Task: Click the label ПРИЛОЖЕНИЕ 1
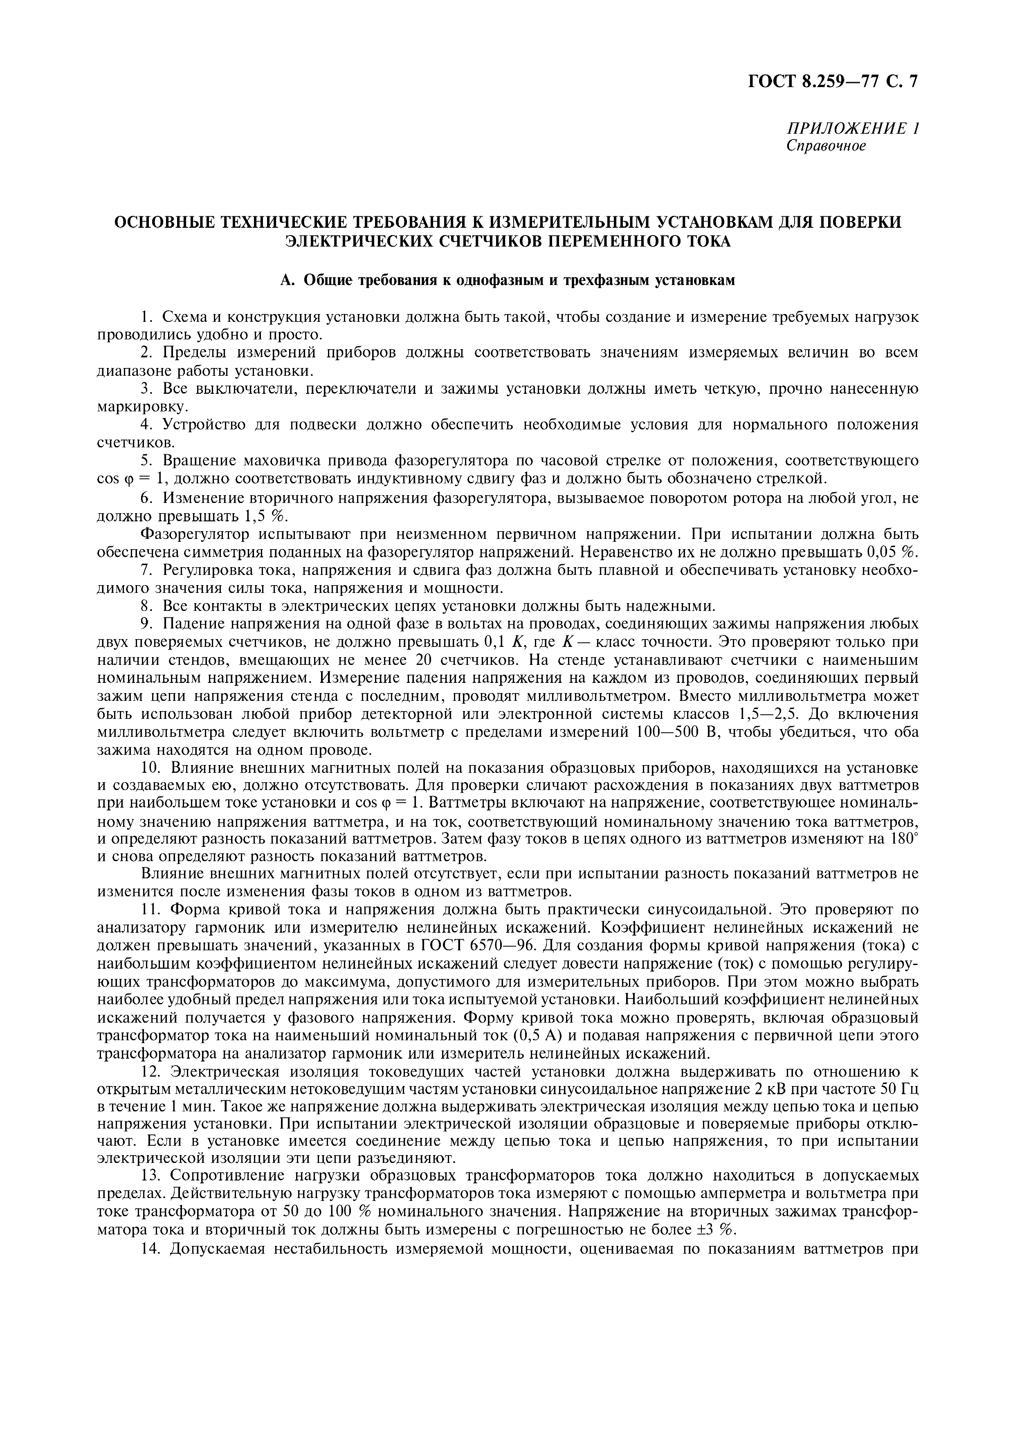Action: click(853, 129)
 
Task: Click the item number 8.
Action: click(146, 606)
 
